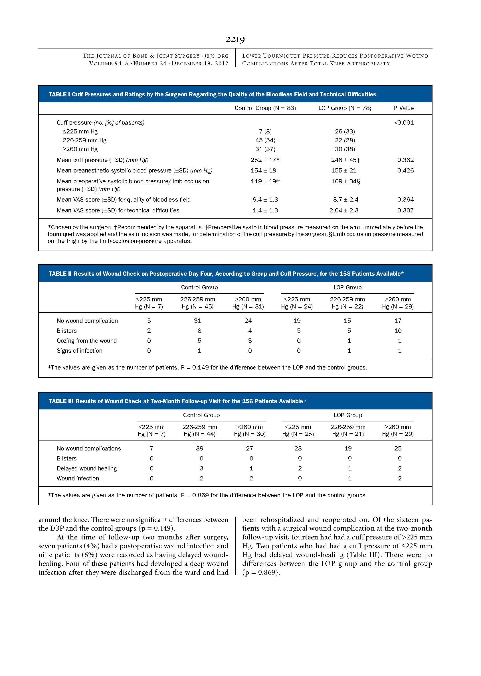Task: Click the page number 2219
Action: [235, 39]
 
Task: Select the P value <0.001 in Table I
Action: [404, 123]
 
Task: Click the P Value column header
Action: [403, 108]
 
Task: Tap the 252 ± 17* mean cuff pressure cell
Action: [265, 160]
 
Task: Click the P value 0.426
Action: [405, 170]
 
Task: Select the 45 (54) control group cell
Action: [265, 140]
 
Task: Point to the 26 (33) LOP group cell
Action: [345, 131]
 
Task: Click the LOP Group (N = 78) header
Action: [344, 108]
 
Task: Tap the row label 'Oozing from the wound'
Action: [87, 341]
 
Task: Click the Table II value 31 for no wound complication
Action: [197, 321]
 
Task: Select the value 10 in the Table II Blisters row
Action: [398, 331]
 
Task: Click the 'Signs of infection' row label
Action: [80, 351]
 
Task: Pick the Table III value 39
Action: [200, 448]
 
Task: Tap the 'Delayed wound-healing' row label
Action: [87, 468]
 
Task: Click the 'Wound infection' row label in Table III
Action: [78, 478]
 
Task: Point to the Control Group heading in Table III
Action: [201, 415]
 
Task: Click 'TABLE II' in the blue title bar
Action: [60, 274]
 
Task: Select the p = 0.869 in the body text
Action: [261, 573]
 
